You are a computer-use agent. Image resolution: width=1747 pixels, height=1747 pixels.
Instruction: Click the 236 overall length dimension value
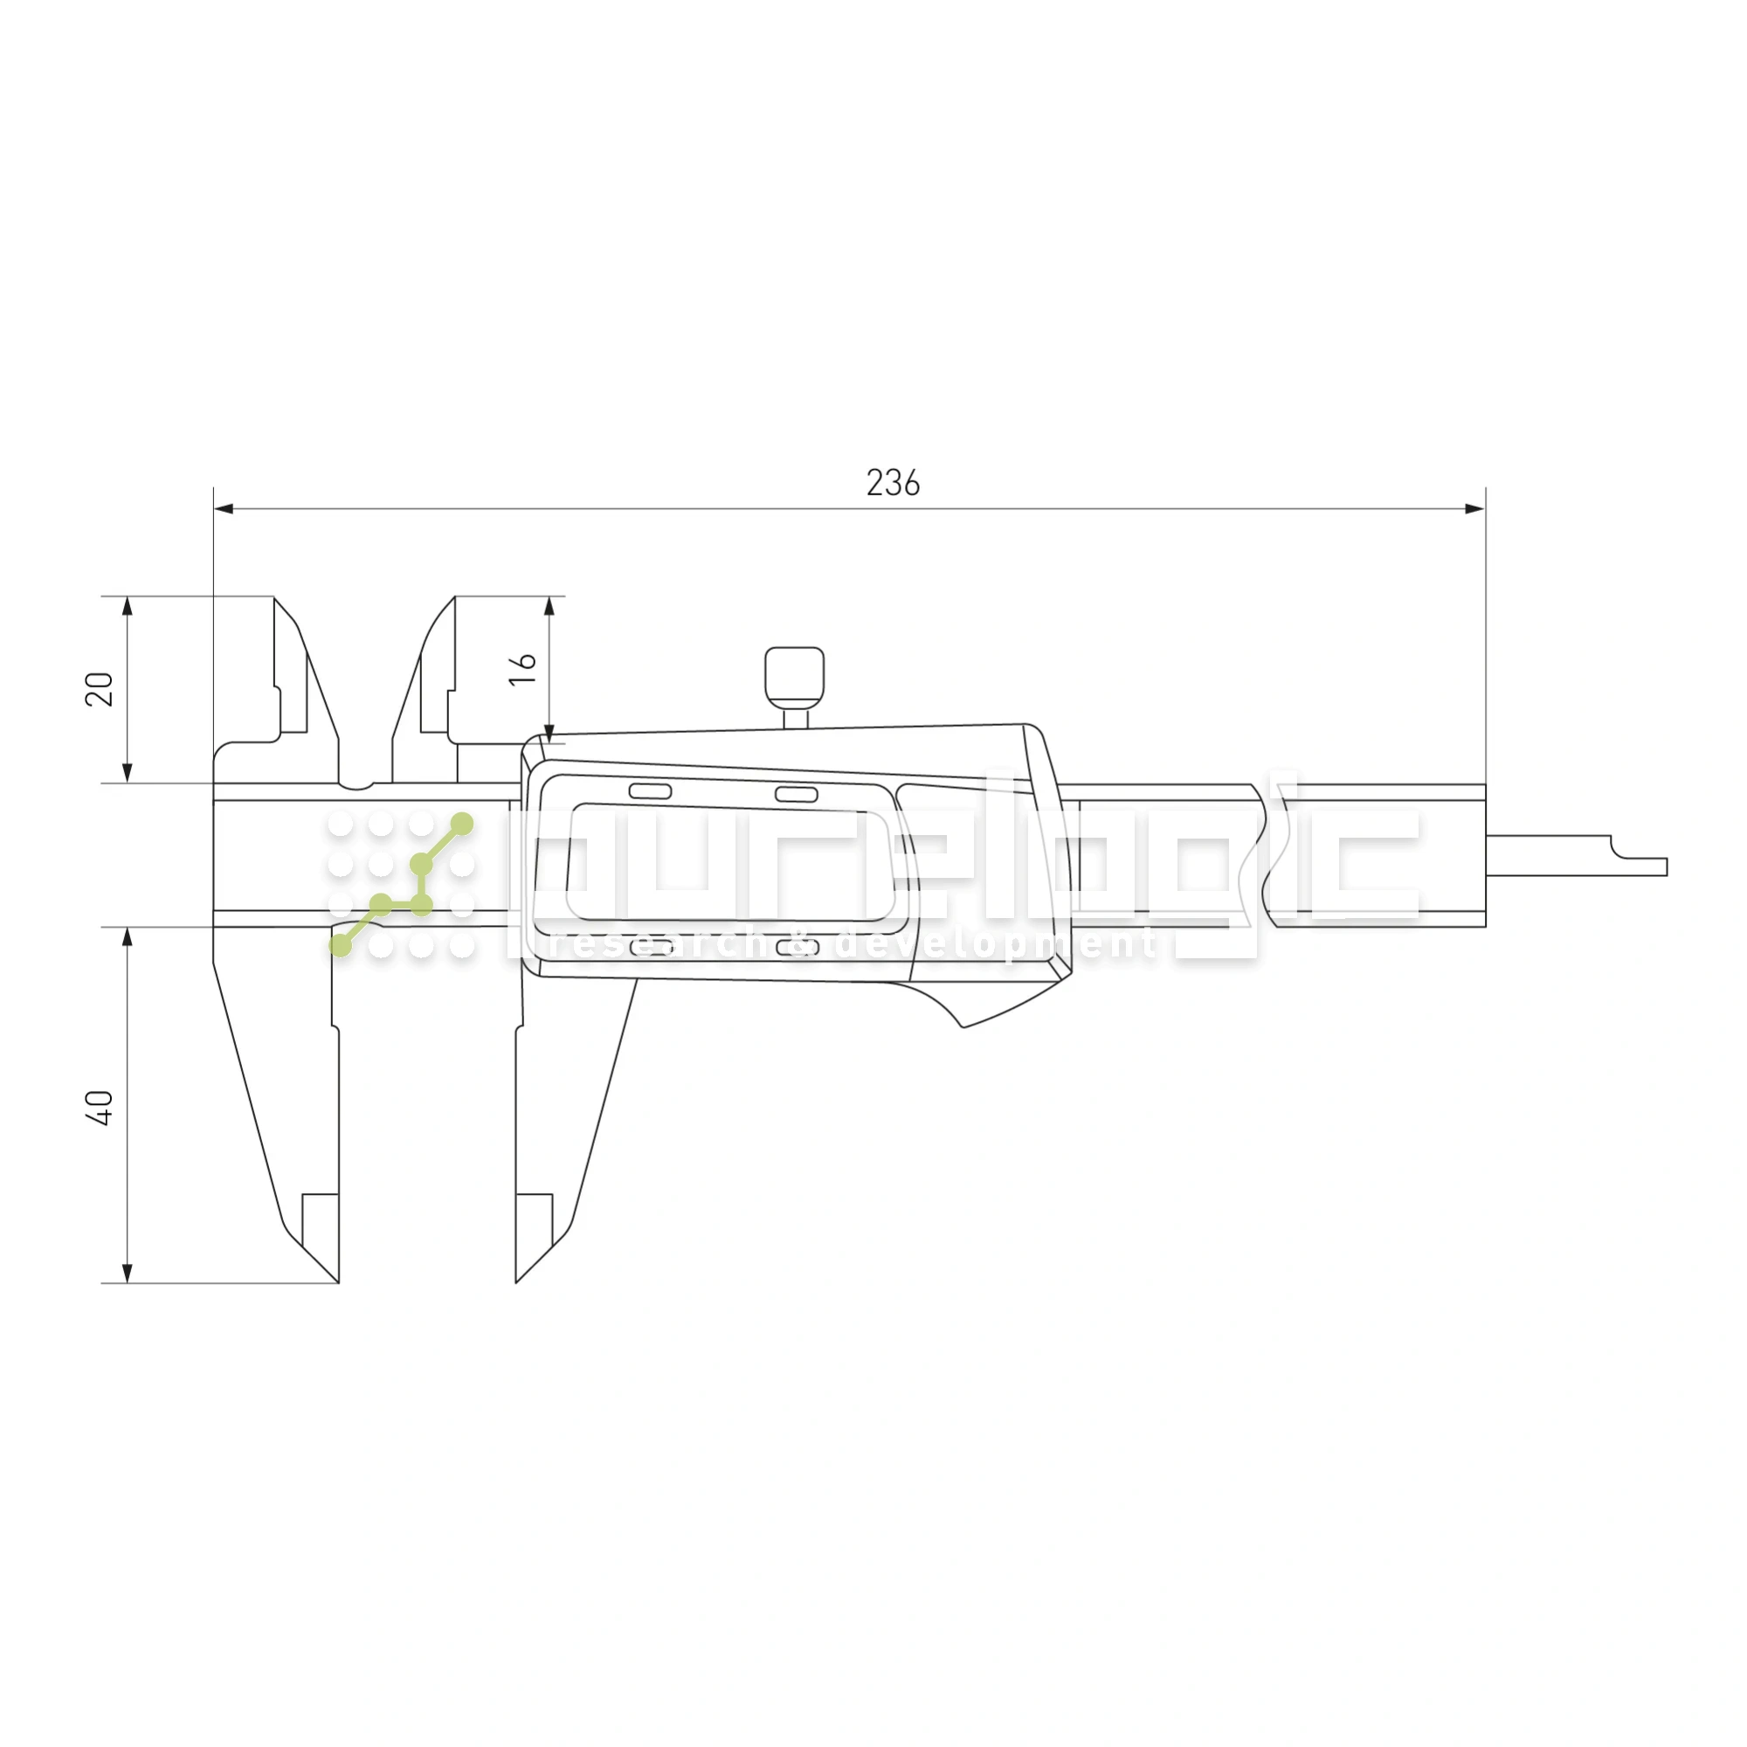(x=893, y=484)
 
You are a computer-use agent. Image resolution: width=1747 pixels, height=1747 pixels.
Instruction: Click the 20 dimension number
(x=100, y=689)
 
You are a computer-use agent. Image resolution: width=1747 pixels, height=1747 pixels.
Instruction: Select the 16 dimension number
(x=522, y=669)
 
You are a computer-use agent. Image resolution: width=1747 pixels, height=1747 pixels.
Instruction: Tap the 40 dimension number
(x=100, y=1107)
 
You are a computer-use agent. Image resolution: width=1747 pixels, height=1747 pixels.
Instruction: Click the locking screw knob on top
(x=794, y=676)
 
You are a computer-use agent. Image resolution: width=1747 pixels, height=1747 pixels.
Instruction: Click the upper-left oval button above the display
(x=649, y=792)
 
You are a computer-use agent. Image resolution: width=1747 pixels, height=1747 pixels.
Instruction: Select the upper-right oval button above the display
(x=796, y=795)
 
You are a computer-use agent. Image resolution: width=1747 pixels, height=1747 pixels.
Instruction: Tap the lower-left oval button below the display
(x=650, y=947)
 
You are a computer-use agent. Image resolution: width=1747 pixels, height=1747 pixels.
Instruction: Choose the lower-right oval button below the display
(x=797, y=947)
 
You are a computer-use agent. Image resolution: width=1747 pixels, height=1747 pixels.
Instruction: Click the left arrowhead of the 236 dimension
(x=223, y=509)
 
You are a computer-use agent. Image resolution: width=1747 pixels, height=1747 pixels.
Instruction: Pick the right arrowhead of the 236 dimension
(x=1474, y=509)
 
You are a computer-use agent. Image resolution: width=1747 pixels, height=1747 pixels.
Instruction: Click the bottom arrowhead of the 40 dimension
(x=128, y=1274)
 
